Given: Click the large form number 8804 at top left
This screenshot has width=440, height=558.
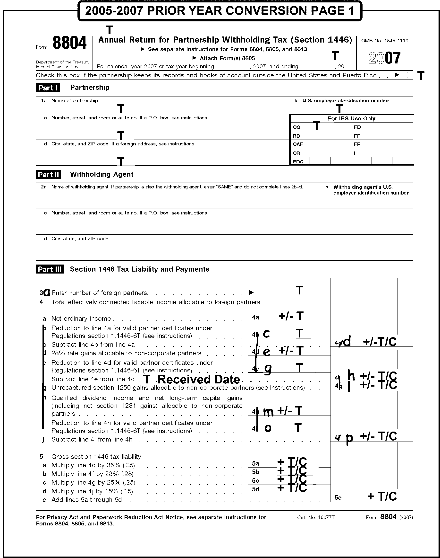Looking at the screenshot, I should [69, 43].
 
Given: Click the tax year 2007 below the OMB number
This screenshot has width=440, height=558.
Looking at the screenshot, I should [384, 58].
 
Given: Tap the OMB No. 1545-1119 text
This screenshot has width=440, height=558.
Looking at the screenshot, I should [385, 41].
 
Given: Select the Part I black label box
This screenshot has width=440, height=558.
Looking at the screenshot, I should [48, 88].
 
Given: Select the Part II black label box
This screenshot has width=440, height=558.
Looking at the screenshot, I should [48, 175].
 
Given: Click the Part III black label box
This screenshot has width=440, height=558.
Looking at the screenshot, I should [50, 269].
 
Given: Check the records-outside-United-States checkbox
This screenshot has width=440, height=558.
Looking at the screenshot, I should [410, 75].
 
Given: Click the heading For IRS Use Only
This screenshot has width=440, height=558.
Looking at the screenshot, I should [351, 119].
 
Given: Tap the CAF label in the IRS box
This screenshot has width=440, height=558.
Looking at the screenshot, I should [298, 144].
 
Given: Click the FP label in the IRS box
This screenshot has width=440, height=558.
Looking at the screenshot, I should [357, 144].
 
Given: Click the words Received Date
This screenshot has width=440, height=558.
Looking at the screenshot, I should [199, 380].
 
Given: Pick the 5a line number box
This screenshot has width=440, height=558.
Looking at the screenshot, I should [255, 463].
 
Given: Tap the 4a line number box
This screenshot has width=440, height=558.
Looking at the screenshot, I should [255, 317].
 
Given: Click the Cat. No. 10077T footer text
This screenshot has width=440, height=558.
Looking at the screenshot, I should [316, 517].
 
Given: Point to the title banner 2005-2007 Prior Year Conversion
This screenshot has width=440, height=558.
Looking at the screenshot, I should [220, 11].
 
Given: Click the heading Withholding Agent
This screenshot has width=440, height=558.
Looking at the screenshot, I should [102, 174].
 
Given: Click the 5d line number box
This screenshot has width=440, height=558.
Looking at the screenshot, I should [255, 489].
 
